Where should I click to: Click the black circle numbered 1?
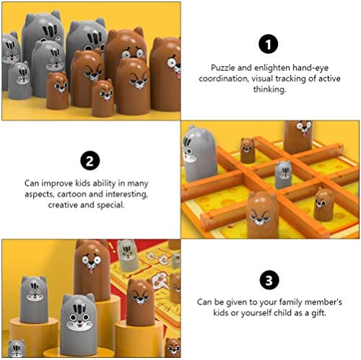268,44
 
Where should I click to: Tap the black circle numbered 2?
90,160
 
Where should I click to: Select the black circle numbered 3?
269,280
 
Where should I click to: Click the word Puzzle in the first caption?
223,68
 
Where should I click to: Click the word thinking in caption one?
269,89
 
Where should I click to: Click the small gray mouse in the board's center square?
283,174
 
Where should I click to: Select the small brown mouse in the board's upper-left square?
248,150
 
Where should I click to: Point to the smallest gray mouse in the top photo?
19,80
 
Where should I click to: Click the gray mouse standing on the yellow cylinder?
34,299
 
